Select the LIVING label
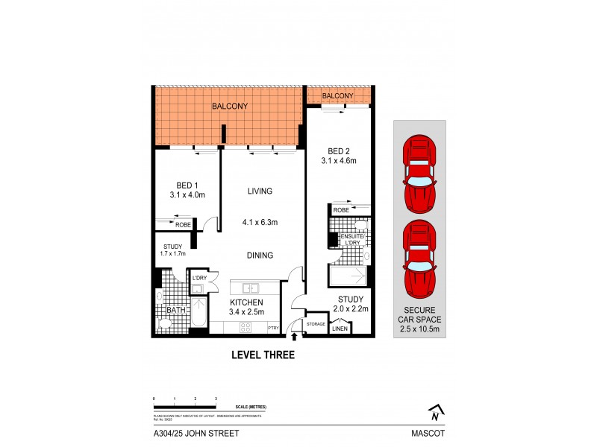[260, 191]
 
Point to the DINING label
[260, 255]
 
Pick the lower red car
[419, 257]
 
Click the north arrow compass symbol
[435, 410]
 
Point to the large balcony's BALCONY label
[230, 107]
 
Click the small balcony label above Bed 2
[338, 96]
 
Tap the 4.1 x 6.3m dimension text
[260, 222]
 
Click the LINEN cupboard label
[340, 329]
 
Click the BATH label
[175, 311]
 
